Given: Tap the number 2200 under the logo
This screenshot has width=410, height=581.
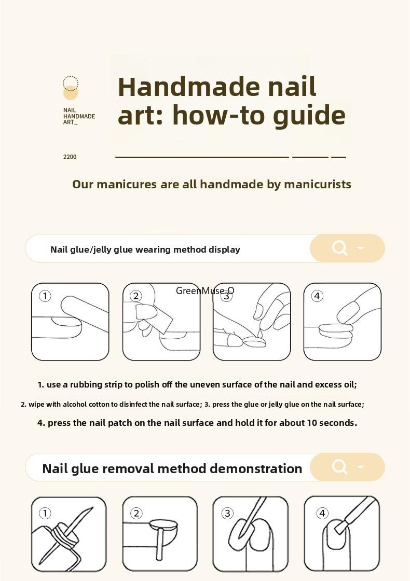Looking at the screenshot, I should click(x=70, y=157).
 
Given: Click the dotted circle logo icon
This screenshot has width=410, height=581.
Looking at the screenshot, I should click(x=71, y=84).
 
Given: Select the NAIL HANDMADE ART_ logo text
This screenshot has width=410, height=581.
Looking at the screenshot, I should click(x=79, y=117).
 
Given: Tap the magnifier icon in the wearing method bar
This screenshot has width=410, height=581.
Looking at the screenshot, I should click(x=339, y=248).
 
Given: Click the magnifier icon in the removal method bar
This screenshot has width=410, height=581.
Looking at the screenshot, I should click(x=339, y=467).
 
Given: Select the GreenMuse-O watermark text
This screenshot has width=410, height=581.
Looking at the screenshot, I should click(x=205, y=290).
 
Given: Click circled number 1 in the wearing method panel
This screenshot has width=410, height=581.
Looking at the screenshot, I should click(x=45, y=296).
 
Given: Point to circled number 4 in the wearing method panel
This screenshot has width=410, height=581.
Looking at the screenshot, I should click(x=317, y=296).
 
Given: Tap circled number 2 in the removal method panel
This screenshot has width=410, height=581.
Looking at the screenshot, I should click(x=136, y=514).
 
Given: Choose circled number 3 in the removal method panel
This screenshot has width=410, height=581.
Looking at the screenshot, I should click(x=227, y=514).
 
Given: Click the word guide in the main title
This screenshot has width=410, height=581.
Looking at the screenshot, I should click(x=309, y=115).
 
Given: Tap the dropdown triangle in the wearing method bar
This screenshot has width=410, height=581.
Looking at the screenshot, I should click(x=361, y=248).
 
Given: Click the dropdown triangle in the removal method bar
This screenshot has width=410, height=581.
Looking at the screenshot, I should click(x=361, y=467).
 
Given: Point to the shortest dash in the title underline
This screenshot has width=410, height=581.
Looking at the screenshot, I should click(x=338, y=157).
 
